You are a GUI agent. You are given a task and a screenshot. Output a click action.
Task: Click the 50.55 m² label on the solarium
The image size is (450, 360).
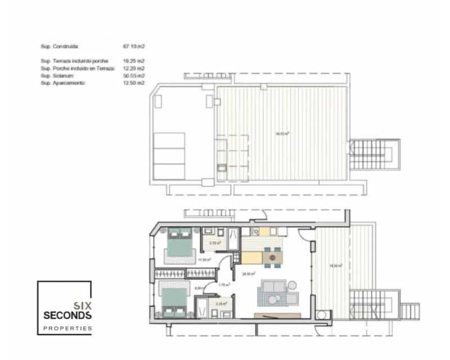click(x=282, y=134)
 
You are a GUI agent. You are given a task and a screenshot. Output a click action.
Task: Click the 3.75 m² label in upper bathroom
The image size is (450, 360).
click(x=214, y=243)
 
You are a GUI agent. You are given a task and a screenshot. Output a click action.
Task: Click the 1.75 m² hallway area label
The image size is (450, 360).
click(x=222, y=285)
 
